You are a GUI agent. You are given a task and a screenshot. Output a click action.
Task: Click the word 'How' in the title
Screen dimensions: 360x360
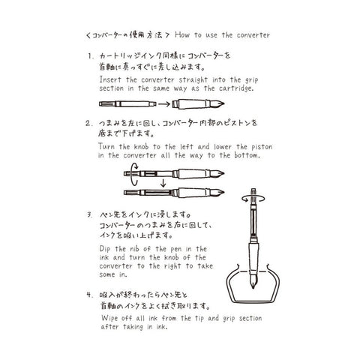pyautogui.click(x=182, y=34)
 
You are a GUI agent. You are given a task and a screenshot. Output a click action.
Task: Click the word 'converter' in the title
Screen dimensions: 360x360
pyautogui.click(x=253, y=35)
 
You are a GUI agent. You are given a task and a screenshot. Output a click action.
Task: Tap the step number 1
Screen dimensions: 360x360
pyautogui.click(x=90, y=56)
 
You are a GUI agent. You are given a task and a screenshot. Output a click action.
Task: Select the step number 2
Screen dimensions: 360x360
pyautogui.click(x=89, y=123)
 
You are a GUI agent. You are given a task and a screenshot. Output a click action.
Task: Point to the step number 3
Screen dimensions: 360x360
pyautogui.click(x=89, y=214)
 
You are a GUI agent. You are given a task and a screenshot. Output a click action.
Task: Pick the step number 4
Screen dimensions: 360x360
pyautogui.click(x=90, y=295)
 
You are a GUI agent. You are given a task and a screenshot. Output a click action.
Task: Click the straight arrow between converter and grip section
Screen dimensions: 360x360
pyautogui.click(x=164, y=104)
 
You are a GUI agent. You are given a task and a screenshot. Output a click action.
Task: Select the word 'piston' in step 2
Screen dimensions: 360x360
pyautogui.click(x=262, y=147)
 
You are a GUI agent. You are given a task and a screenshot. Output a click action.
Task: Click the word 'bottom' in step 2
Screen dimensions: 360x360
pyautogui.click(x=247, y=155)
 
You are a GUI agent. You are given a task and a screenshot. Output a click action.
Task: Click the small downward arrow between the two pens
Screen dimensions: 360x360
pyautogui.click(x=163, y=183)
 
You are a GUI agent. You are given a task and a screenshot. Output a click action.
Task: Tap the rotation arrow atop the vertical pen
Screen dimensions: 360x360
pyautogui.click(x=253, y=199)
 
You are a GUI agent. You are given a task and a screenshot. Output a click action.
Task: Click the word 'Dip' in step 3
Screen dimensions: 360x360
pyautogui.click(x=105, y=249)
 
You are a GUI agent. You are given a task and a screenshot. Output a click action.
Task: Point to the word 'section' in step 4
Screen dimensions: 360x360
pyautogui.click(x=250, y=318)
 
